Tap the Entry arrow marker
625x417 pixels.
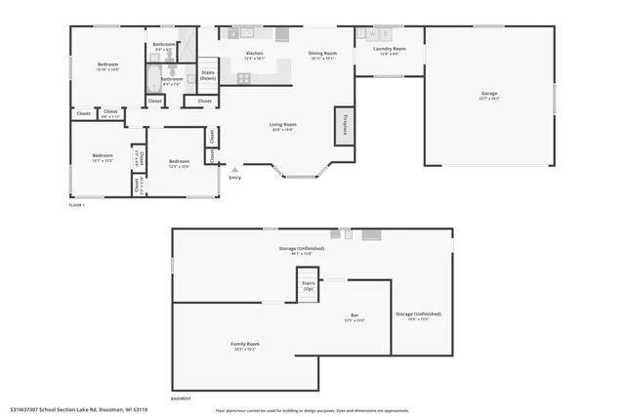pyautogui.click(x=234, y=169)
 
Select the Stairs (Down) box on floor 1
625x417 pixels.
pyautogui.click(x=208, y=74)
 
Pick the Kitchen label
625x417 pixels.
pyautogui.click(x=254, y=55)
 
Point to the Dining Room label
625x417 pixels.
pyautogui.click(x=322, y=55)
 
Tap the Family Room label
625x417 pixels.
pyautogui.click(x=245, y=346)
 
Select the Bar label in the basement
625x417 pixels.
pyautogui.click(x=354, y=316)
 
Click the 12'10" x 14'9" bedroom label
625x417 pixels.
pyautogui.click(x=107, y=67)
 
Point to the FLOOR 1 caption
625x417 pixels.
pyautogui.click(x=77, y=205)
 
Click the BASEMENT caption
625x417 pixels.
pyautogui.click(x=181, y=399)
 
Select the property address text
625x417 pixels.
pyautogui.click(x=78, y=408)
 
